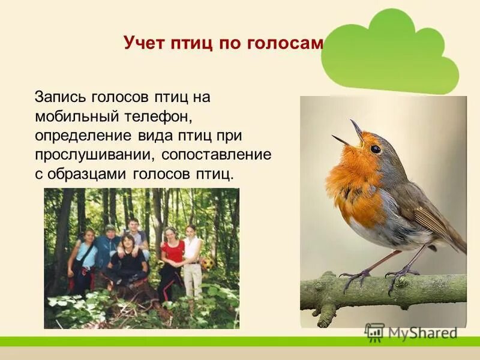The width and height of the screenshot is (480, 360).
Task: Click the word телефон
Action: [x=159, y=116]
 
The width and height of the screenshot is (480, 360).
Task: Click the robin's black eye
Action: [x=376, y=149]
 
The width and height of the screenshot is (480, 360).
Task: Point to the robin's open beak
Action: [x=351, y=135]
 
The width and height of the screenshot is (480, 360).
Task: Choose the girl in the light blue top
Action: [x=83, y=255]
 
